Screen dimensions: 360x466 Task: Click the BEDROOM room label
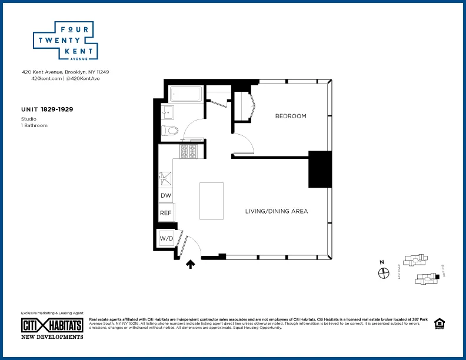click(291, 116)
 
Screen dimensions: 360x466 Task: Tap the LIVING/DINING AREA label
click(276, 211)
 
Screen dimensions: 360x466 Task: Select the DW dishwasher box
click(165, 196)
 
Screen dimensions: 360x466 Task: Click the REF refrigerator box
click(165, 213)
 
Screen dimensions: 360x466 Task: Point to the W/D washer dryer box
click(167, 239)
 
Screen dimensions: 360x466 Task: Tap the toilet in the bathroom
click(169, 131)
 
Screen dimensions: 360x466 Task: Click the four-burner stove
click(191, 151)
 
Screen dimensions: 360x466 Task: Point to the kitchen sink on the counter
click(165, 176)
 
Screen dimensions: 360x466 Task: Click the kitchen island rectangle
click(211, 201)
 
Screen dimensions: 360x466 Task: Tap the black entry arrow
click(190, 265)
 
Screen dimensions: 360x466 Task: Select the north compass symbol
click(383, 272)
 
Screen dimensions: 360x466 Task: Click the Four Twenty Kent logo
click(64, 41)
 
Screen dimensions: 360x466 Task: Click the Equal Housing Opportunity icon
click(439, 324)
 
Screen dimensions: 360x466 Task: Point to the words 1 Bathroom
click(34, 125)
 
